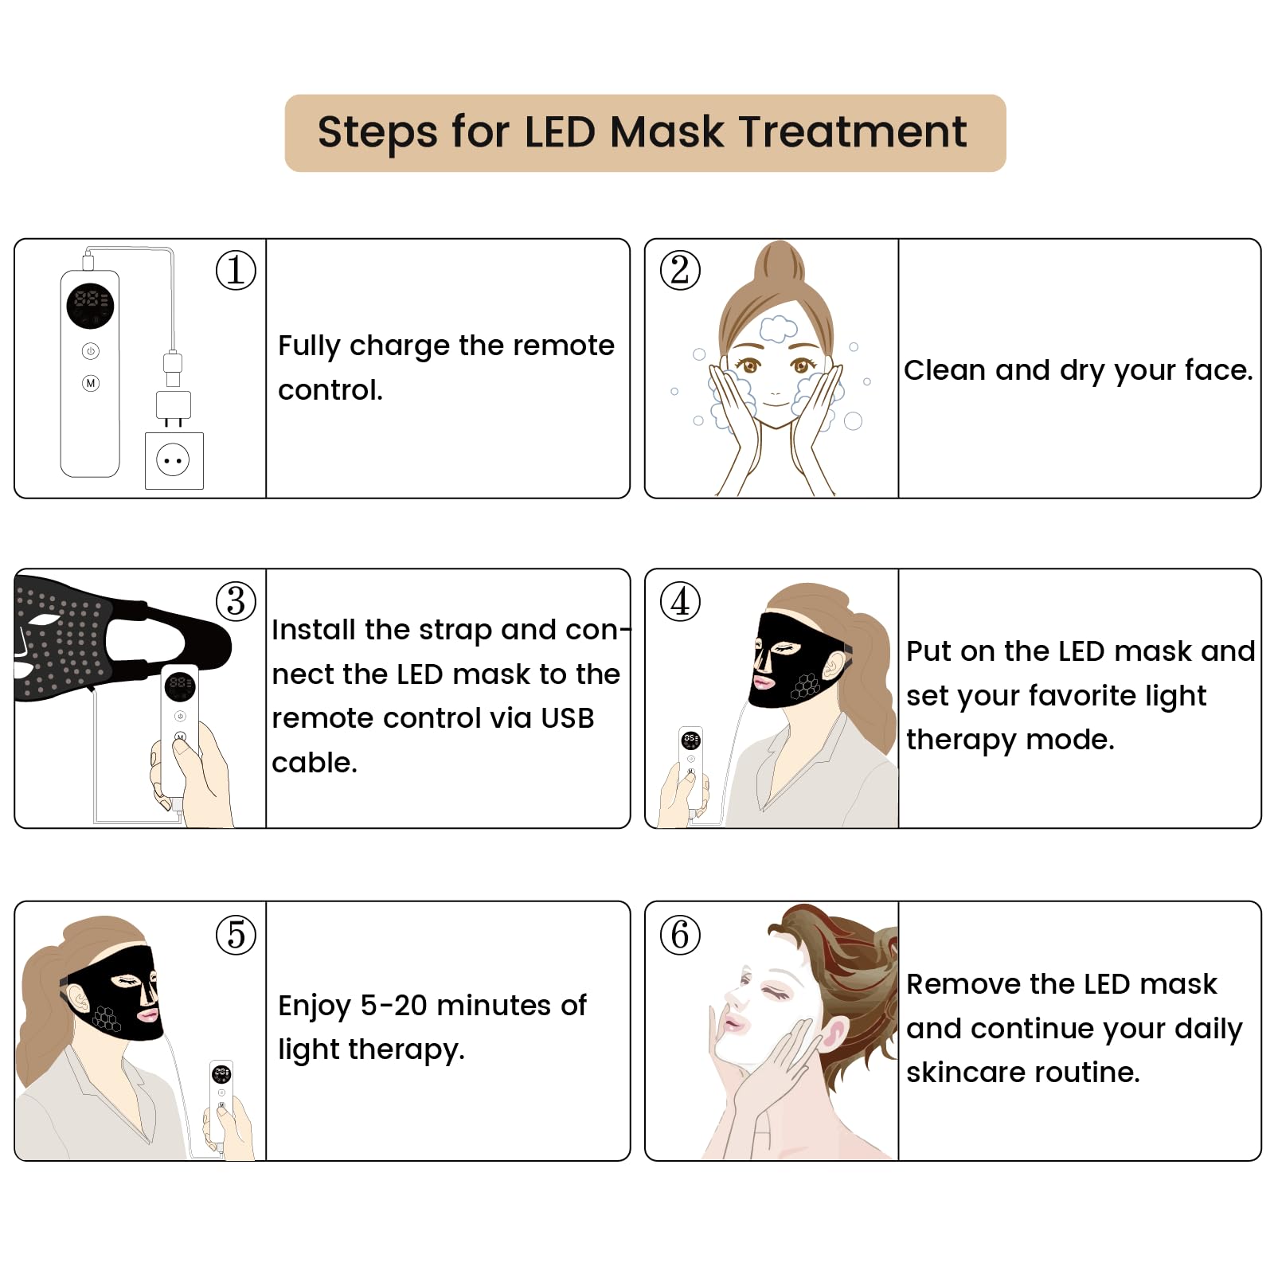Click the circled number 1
point(236,270)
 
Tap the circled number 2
point(680,270)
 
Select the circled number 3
point(236,601)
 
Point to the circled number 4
point(680,601)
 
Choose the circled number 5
point(236,934)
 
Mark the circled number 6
point(680,934)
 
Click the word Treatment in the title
point(852,132)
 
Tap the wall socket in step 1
point(174,460)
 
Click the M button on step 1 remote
point(91,383)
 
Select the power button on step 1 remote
point(91,351)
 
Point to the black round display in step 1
point(90,306)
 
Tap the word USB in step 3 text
point(567,718)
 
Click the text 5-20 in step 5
point(393,1006)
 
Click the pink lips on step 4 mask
point(763,682)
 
